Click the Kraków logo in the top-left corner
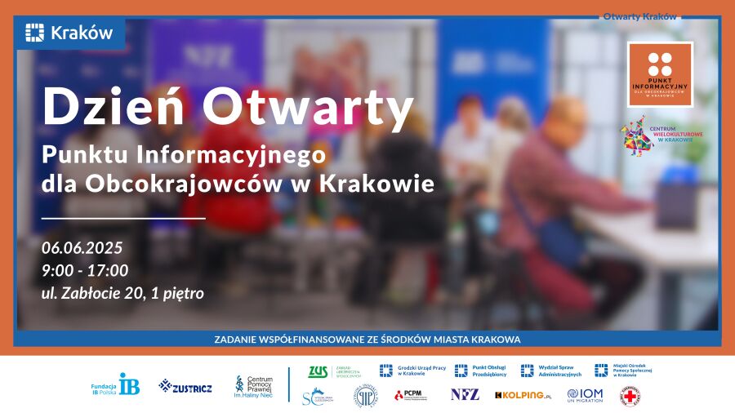69,33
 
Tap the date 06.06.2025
82,248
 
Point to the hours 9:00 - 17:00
85,270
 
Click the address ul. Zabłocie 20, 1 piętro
122,292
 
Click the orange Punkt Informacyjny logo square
660,74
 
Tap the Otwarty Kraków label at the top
640,16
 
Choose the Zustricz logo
185,386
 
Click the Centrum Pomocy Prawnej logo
254,384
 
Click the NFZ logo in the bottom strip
465,395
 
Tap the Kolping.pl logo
523,395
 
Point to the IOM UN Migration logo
585,395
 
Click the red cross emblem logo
630,396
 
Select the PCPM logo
408,395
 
